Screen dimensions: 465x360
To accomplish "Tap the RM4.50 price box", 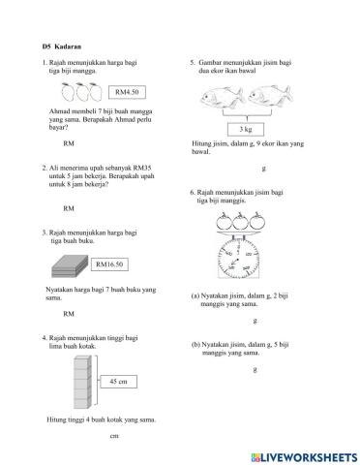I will [x=126, y=92].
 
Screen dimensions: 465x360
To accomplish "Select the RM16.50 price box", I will [x=111, y=264].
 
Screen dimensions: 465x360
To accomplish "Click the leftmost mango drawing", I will [x=66, y=93].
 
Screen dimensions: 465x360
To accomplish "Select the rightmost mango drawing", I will [x=94, y=93].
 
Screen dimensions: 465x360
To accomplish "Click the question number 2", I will [x=45, y=168].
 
